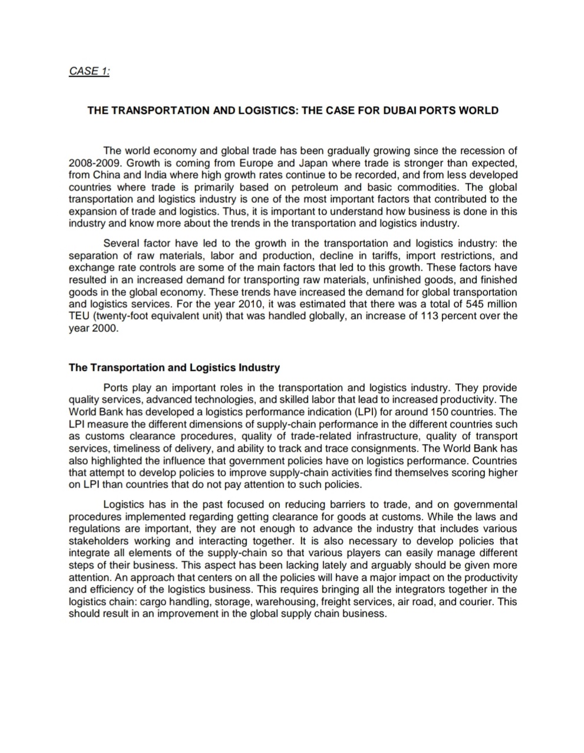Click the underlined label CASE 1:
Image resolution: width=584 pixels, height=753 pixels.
click(x=89, y=71)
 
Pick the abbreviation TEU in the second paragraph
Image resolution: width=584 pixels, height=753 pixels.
click(x=79, y=316)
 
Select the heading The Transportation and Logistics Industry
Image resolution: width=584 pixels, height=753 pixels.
click(x=174, y=368)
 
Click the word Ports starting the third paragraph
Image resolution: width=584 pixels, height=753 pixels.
click(x=116, y=387)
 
